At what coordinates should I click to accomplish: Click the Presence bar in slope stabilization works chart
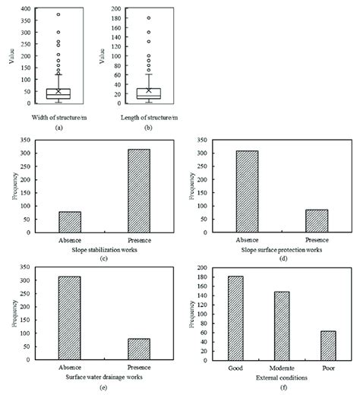tap(138, 191)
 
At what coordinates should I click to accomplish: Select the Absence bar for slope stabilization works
tap(70, 222)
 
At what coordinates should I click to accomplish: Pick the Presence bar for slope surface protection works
tap(317, 220)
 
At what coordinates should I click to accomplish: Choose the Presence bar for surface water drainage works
tap(138, 349)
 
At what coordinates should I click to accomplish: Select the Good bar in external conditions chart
tap(235, 318)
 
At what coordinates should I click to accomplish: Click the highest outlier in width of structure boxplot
tap(58, 14)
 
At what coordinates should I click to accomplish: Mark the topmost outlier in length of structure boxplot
tap(149, 17)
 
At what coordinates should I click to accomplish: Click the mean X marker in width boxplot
tap(58, 91)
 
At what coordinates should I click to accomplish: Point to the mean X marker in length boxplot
tap(149, 90)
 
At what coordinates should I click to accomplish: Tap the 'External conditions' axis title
tap(282, 377)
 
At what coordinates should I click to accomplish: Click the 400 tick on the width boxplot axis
tap(27, 9)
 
